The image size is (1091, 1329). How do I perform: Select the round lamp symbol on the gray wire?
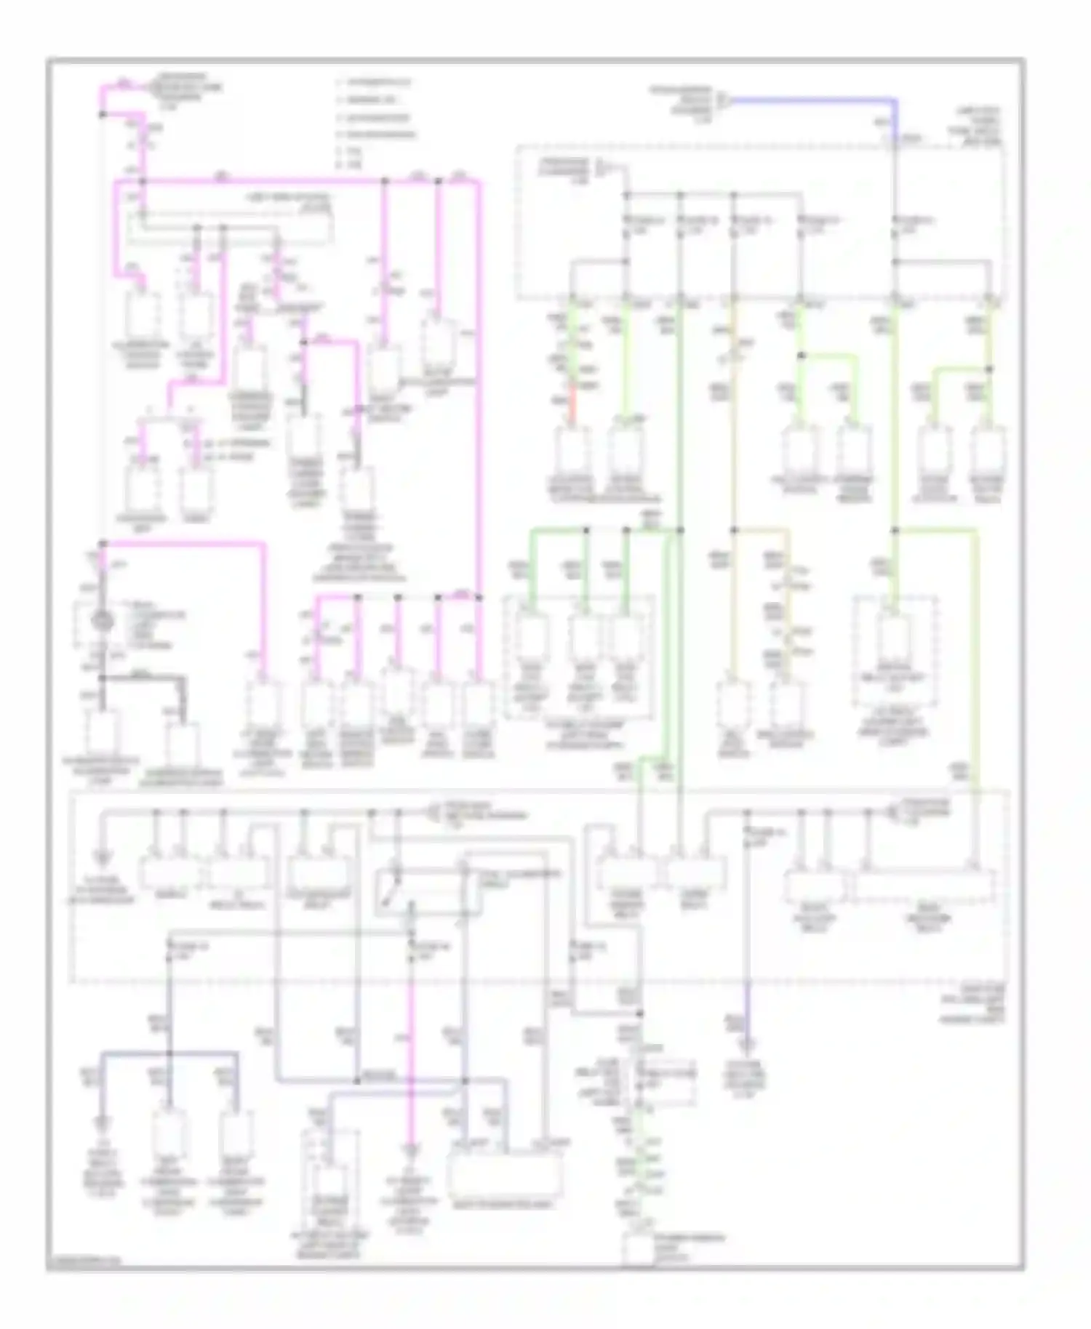point(103,623)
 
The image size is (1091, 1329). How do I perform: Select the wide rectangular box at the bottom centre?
point(506,1173)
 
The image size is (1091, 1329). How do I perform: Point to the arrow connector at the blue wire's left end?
point(722,100)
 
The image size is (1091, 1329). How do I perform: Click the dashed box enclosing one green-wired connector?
point(895,651)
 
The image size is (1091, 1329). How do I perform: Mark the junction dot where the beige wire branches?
point(735,531)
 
